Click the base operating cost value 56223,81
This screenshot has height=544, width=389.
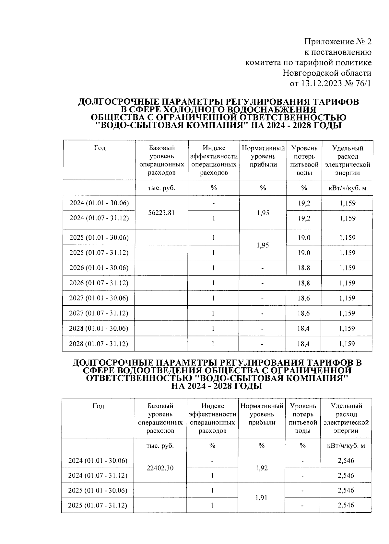click(x=162, y=213)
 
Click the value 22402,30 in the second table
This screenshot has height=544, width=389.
click(x=160, y=468)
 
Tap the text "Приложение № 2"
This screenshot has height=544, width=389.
click(x=337, y=42)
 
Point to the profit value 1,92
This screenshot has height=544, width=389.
click(x=262, y=468)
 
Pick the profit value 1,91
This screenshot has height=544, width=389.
click(x=262, y=498)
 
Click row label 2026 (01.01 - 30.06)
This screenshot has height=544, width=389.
click(x=99, y=268)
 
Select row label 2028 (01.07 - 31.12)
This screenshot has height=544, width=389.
click(x=98, y=344)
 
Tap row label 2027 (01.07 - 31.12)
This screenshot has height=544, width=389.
click(x=99, y=313)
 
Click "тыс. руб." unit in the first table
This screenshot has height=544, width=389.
click(x=161, y=188)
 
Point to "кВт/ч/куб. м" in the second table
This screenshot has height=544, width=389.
click(x=346, y=446)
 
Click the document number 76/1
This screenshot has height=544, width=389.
click(x=363, y=84)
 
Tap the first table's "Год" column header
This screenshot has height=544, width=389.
click(x=100, y=148)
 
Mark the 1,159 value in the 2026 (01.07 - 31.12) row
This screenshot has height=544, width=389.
click(x=347, y=283)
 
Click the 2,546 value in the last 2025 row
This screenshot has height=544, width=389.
click(x=346, y=505)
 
